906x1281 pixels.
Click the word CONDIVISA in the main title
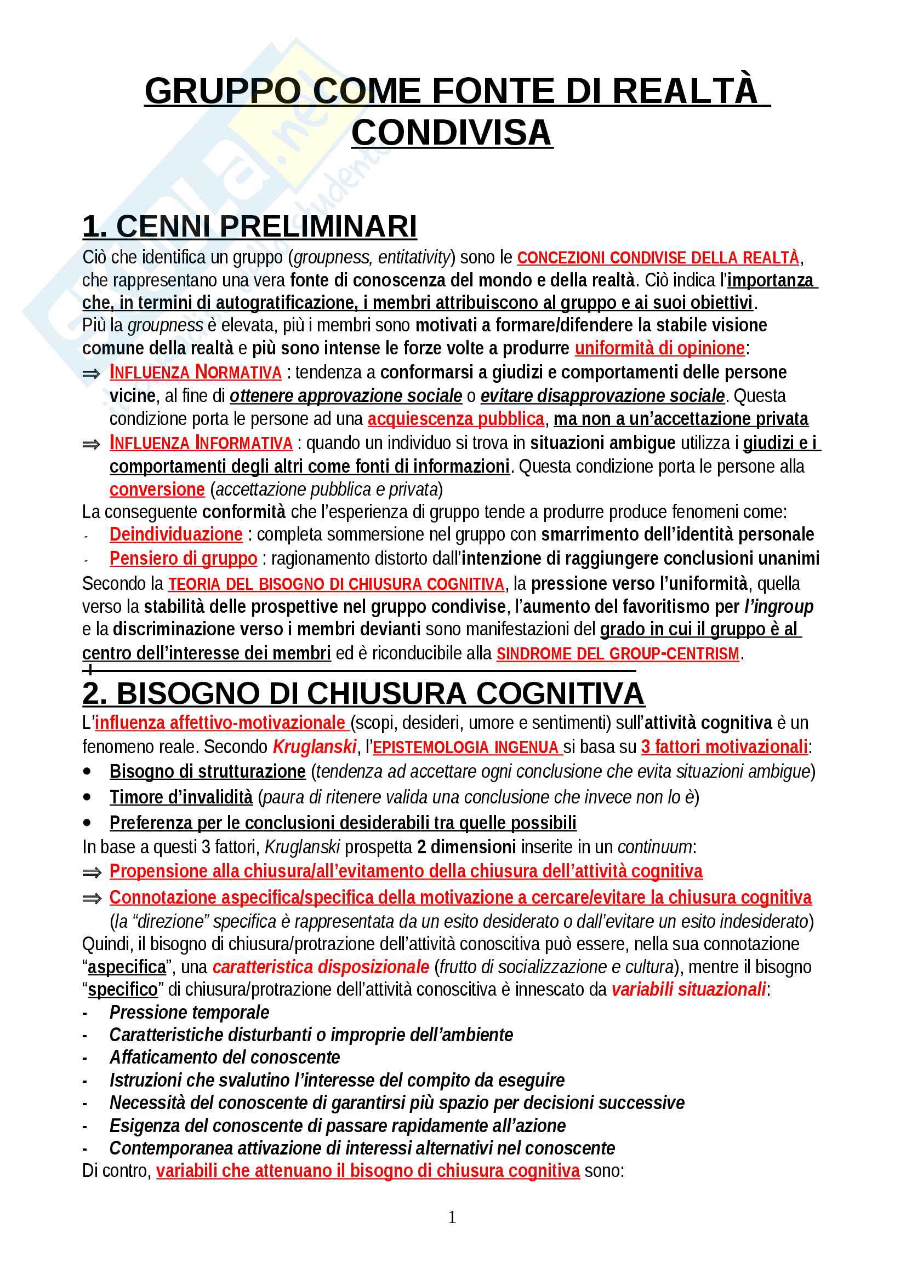(452, 133)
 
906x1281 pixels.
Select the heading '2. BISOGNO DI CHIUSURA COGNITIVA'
(363, 693)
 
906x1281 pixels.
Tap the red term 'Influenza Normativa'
(195, 372)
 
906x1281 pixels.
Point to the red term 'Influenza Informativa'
(201, 443)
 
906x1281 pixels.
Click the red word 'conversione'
(157, 489)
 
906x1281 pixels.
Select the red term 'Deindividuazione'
(176, 535)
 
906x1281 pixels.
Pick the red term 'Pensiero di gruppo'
(183, 559)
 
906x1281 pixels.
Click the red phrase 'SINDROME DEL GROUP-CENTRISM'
(617, 653)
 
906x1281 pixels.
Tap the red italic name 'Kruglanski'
(314, 746)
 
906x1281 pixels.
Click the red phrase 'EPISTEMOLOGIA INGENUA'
(466, 747)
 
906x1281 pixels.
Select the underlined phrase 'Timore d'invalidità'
(181, 797)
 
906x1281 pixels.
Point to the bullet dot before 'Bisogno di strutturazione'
(87, 771)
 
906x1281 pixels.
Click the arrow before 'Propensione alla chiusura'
(92, 872)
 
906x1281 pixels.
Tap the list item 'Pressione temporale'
(189, 1012)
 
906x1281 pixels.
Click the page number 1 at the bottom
(452, 1217)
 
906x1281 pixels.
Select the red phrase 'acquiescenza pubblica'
(455, 419)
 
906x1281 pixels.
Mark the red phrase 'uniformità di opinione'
(659, 348)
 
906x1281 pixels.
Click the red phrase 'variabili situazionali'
(688, 989)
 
